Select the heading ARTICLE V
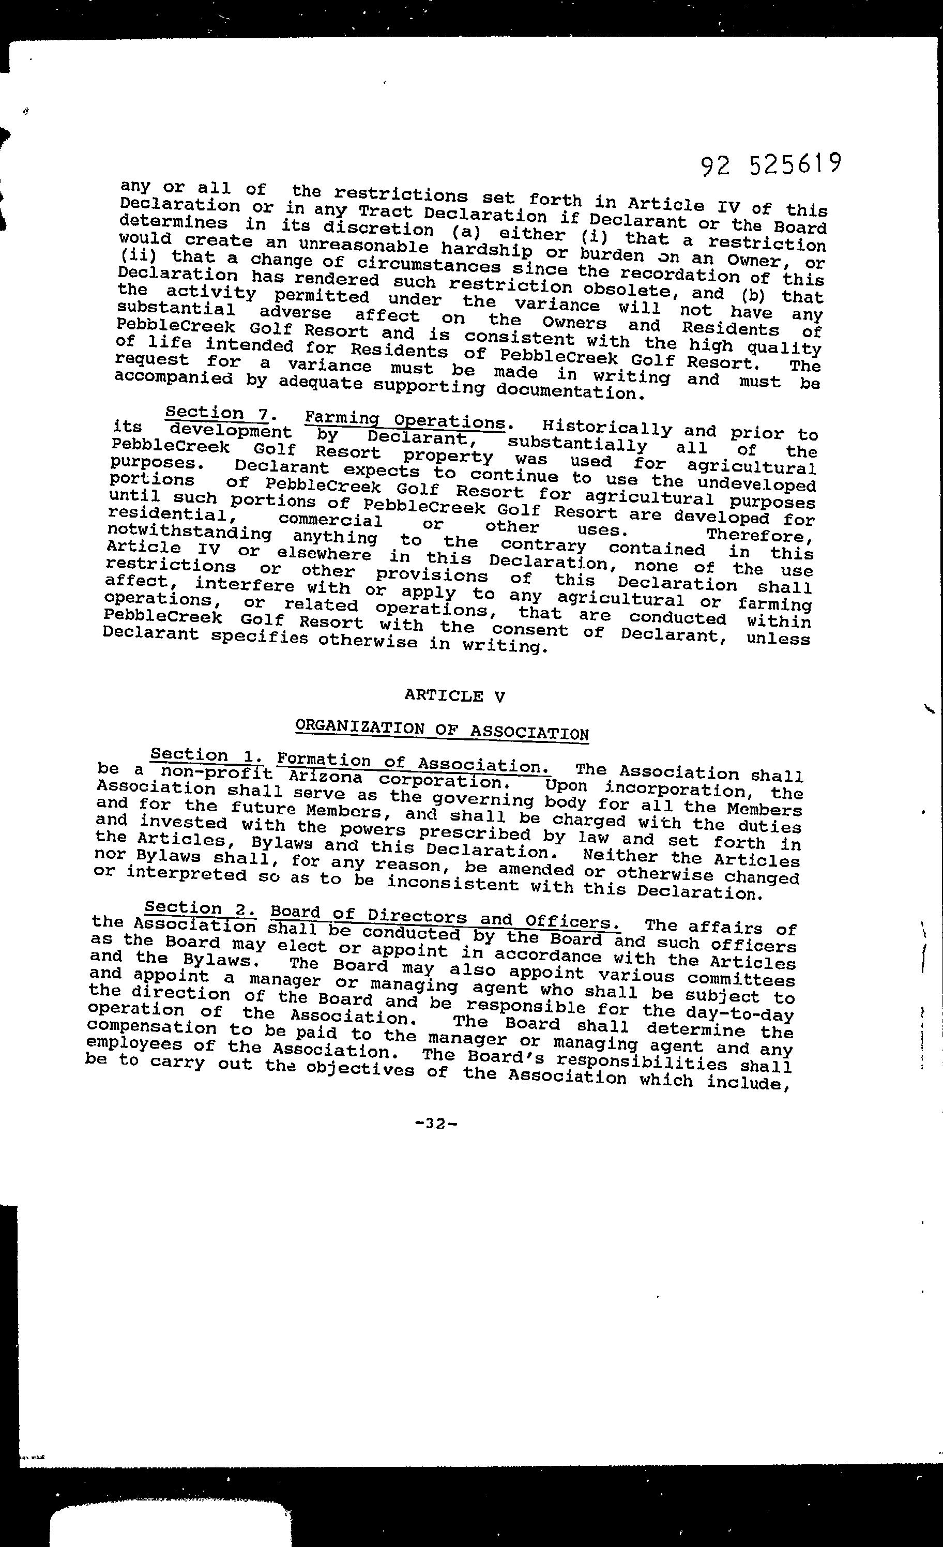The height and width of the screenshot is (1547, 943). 454,695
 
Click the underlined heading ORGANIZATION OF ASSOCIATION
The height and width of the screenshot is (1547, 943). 442,730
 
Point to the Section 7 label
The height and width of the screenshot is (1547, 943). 217,413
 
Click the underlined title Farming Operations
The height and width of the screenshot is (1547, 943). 405,420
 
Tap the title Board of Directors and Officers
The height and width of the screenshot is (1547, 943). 445,917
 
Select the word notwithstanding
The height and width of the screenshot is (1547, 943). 189,534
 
